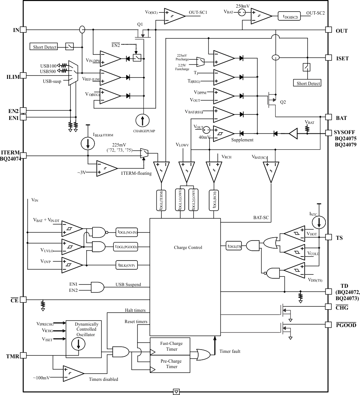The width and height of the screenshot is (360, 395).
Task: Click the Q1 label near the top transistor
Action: pyautogui.click(x=140, y=24)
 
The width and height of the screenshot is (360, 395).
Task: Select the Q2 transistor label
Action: pyautogui.click(x=283, y=102)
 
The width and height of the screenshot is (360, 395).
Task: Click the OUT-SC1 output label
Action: pyautogui.click(x=198, y=12)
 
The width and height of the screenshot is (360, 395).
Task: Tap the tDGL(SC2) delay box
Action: pyautogui.click(x=291, y=16)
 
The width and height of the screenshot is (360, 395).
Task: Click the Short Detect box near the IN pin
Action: pyautogui.click(x=45, y=47)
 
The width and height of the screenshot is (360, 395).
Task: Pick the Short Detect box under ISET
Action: pyautogui.click(x=308, y=83)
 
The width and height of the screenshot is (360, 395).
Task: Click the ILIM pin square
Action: pyautogui.click(x=23, y=75)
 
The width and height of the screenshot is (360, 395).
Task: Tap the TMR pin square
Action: pyautogui.click(x=23, y=355)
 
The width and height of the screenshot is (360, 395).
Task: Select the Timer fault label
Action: pyautogui.click(x=230, y=351)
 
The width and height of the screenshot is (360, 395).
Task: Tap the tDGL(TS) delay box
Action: pyautogui.click(x=233, y=246)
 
